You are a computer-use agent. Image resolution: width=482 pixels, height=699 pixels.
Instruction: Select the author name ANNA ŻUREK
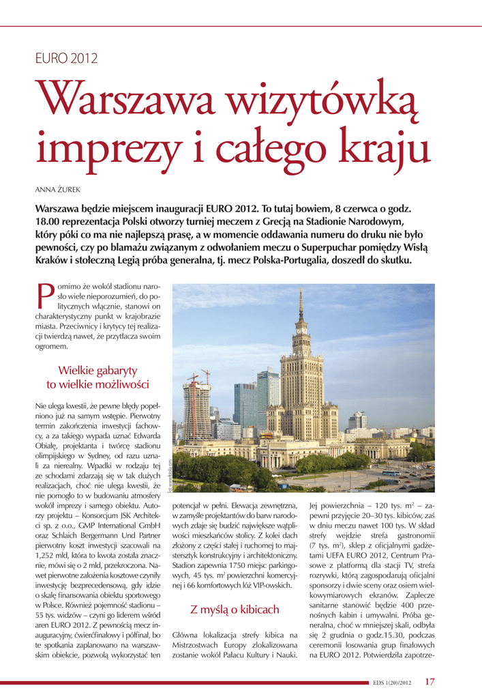58,188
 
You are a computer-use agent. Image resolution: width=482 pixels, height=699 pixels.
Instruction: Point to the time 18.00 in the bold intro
48,222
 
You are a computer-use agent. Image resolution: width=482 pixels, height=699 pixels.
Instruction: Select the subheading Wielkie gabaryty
97,370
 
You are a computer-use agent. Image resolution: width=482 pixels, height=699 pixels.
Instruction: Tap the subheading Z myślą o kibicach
234,609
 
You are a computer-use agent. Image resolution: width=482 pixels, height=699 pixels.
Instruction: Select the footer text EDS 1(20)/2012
392,682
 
